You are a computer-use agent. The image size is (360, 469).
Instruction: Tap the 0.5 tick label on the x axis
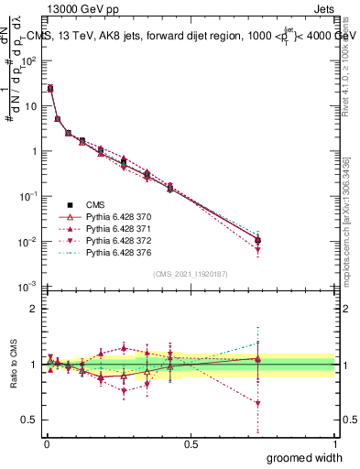(x=191, y=443)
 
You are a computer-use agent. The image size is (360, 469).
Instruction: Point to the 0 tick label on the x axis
(x=47, y=443)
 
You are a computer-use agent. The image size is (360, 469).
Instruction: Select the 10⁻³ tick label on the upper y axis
(x=29, y=287)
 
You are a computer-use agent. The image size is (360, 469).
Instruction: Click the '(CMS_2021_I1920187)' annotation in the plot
(x=191, y=274)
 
